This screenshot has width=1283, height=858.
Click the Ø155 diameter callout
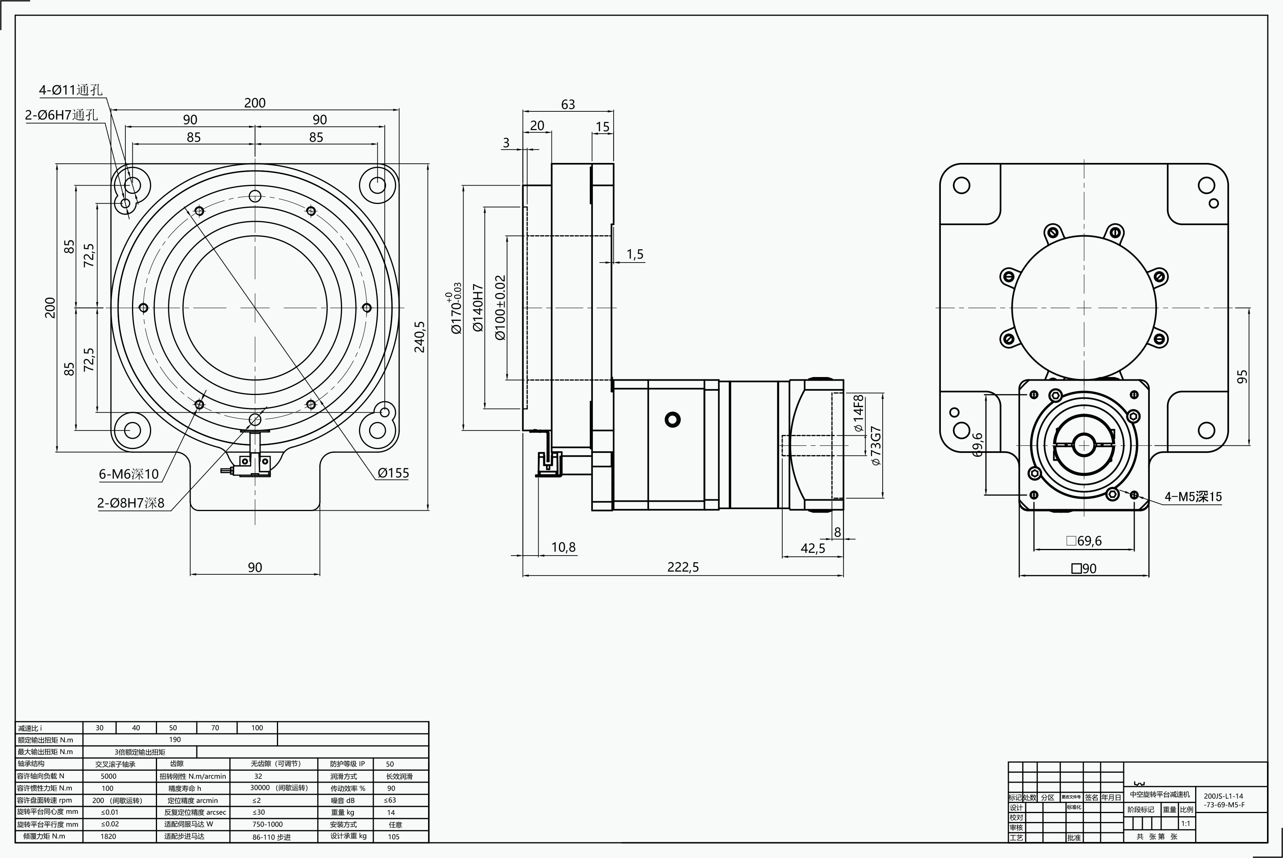click(x=393, y=473)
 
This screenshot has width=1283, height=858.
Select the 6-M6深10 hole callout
click(x=129, y=474)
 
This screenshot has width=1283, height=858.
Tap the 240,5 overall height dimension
click(x=419, y=336)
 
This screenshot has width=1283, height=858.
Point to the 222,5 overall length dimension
click(x=683, y=567)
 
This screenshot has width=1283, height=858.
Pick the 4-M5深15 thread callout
click(x=1193, y=497)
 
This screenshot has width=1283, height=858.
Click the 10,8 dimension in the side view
click(x=563, y=547)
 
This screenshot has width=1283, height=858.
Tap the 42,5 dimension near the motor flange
click(x=813, y=548)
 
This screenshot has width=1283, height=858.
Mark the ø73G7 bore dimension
click(x=876, y=445)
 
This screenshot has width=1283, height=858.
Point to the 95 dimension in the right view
click(x=1242, y=377)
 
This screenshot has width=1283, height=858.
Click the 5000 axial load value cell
click(x=108, y=776)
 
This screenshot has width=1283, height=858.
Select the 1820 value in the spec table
click(x=108, y=836)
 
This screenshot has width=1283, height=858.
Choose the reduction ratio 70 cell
click(x=215, y=728)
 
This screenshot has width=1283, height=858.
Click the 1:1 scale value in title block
click(x=1186, y=824)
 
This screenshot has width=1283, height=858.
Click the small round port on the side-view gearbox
click(x=672, y=420)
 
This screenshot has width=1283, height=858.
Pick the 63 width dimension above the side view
click(x=568, y=104)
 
